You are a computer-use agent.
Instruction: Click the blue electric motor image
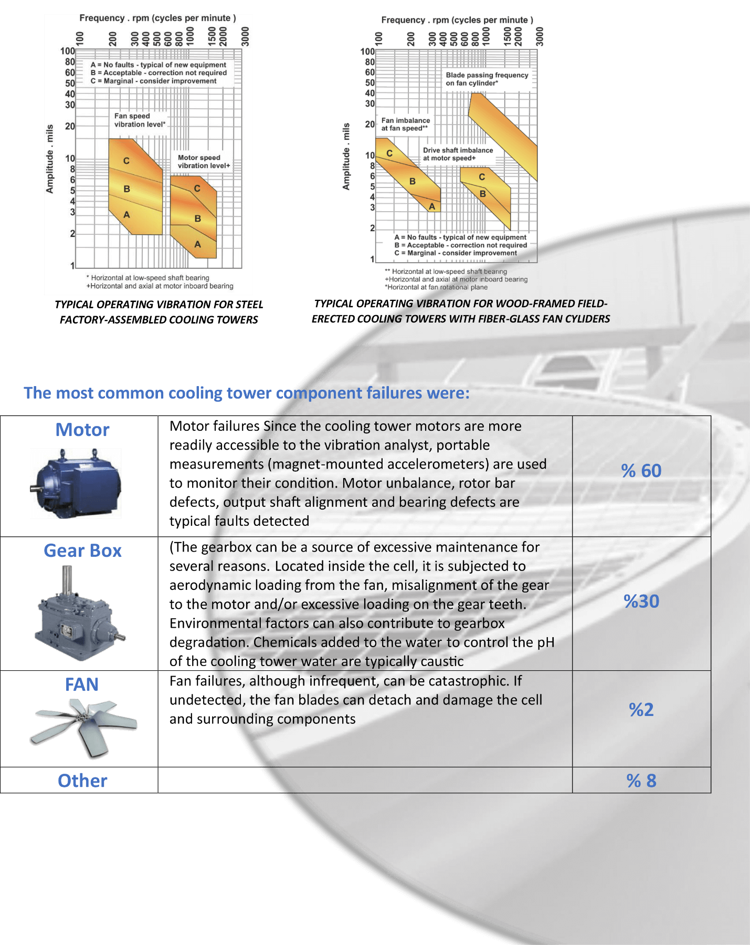[76, 483]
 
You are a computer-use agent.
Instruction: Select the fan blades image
[83, 728]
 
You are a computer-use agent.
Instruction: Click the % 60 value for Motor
[641, 471]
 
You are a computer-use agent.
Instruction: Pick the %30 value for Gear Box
[641, 601]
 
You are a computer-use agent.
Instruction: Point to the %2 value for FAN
[641, 710]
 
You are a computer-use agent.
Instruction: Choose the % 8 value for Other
[641, 781]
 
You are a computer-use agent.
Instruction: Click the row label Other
[82, 781]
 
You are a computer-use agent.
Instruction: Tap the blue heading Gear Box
[82, 551]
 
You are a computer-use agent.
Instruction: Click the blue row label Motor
[82, 430]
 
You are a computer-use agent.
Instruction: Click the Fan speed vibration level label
[140, 120]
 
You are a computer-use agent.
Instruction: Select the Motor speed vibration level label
[204, 161]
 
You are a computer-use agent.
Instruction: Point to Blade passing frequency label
[487, 79]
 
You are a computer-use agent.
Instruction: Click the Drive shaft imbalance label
[458, 154]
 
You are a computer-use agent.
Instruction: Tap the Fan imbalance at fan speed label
[405, 124]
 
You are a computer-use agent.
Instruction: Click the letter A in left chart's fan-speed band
[126, 215]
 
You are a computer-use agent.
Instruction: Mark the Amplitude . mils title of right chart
[346, 157]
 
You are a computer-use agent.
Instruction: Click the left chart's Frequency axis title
[157, 18]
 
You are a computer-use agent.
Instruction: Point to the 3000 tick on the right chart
[540, 37]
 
